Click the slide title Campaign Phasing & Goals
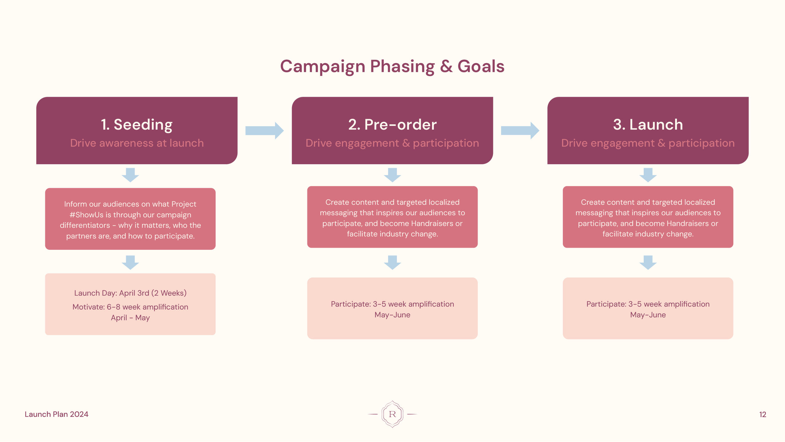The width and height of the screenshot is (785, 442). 392,66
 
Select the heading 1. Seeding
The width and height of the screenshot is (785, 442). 137,124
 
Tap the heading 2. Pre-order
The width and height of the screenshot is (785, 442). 392,124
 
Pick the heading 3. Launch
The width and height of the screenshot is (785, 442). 648,124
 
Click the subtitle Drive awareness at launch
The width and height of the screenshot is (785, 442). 137,143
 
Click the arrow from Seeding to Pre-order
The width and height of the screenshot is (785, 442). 264,130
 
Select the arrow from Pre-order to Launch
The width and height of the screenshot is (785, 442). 520,130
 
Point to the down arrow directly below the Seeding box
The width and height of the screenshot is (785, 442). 130,175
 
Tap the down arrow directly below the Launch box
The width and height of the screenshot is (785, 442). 648,175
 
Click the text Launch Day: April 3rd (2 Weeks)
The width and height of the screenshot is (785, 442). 130,293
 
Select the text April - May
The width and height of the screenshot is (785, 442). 130,318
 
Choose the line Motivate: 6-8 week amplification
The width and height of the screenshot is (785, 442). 130,307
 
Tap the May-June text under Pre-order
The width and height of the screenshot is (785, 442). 392,315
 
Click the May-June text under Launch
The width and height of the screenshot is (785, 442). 648,315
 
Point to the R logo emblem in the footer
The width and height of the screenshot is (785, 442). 392,414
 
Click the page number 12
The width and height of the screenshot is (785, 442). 762,414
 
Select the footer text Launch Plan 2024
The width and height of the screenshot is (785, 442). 57,414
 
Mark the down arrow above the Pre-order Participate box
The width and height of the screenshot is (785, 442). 392,262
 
